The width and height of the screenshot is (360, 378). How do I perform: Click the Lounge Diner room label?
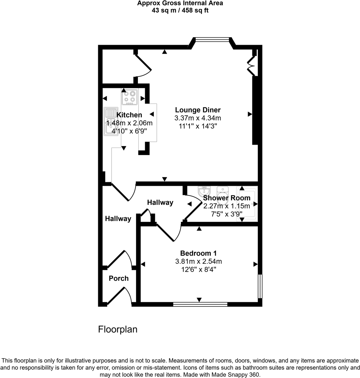point(198,110)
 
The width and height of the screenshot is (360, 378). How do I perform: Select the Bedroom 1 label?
point(198,253)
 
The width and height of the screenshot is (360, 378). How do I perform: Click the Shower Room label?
point(226,198)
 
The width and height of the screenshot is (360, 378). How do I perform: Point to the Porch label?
point(118,278)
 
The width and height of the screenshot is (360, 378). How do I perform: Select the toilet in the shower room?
point(223,195)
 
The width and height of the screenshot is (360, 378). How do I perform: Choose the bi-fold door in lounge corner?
point(251,65)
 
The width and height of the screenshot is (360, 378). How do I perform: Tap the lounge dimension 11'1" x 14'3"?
point(198,126)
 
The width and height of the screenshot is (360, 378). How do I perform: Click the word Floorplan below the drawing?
point(118,329)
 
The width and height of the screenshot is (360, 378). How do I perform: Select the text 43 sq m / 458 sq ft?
point(180,10)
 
